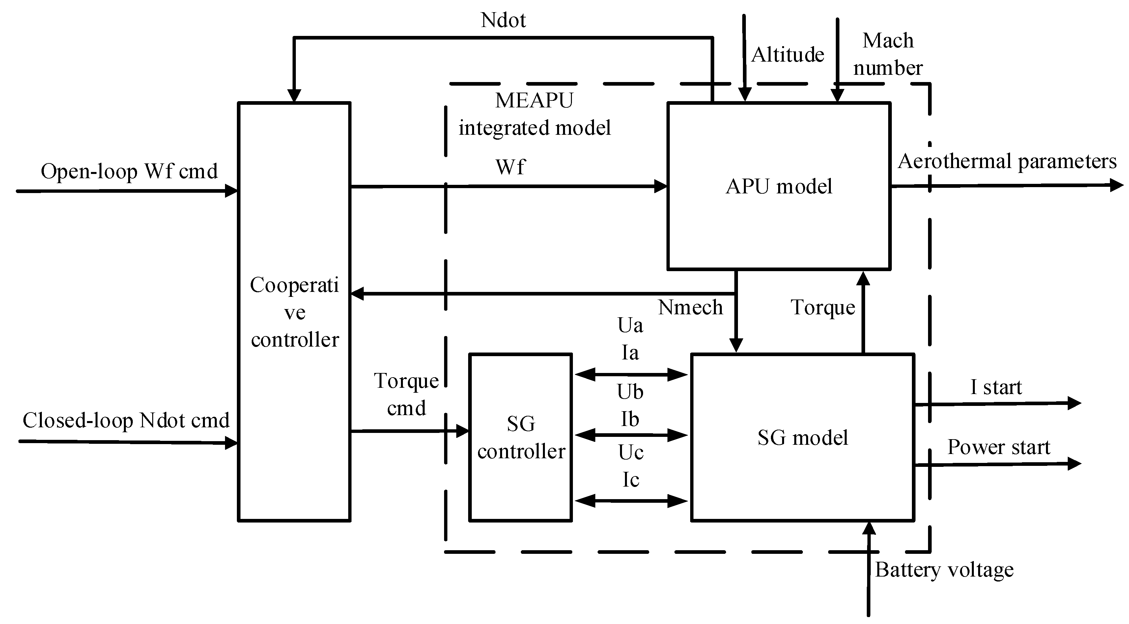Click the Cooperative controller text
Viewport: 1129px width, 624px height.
[x=295, y=312]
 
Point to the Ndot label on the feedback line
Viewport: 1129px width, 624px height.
[x=503, y=20]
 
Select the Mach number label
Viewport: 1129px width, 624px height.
[x=888, y=54]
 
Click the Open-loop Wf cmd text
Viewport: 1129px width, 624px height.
[x=129, y=171]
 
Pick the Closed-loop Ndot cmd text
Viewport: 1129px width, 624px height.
[x=126, y=421]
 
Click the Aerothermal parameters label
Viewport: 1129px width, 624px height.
[x=1007, y=161]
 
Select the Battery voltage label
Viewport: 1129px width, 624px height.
[x=944, y=570]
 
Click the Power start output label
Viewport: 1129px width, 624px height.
[x=999, y=447]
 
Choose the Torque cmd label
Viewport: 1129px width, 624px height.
[x=406, y=394]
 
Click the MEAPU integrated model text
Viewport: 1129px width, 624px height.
[x=534, y=114]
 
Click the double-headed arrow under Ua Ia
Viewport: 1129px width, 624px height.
[x=631, y=375]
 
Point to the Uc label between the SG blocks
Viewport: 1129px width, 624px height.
[x=631, y=453]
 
